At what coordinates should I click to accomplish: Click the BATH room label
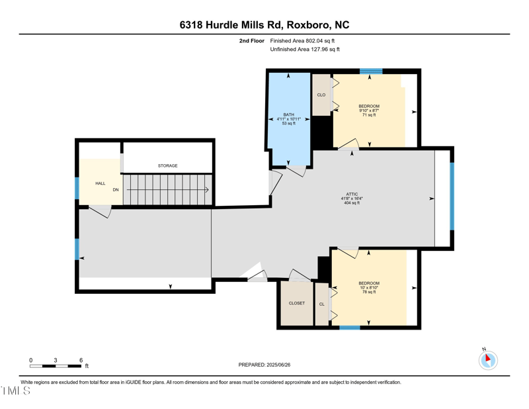pos(289,115)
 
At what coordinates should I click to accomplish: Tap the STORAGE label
pos(168,166)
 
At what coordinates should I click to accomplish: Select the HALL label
pos(101,183)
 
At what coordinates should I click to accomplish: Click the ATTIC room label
pos(352,194)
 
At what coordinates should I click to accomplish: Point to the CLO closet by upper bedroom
pos(321,95)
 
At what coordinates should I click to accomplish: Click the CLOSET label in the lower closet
pos(297,303)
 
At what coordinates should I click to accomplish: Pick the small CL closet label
pos(322,304)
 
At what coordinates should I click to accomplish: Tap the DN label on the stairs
pos(116,190)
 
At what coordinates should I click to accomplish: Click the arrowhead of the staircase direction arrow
pos(207,190)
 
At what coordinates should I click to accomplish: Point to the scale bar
pos(56,366)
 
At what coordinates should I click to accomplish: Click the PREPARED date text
pos(264,365)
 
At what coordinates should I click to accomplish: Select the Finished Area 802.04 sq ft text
pos(302,41)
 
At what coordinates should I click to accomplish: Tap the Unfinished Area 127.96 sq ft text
pos(305,50)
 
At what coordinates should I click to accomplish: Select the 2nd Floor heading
pos(252,41)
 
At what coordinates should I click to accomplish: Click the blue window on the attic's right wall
pos(452,197)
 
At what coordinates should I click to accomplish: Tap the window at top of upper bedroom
pos(371,71)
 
